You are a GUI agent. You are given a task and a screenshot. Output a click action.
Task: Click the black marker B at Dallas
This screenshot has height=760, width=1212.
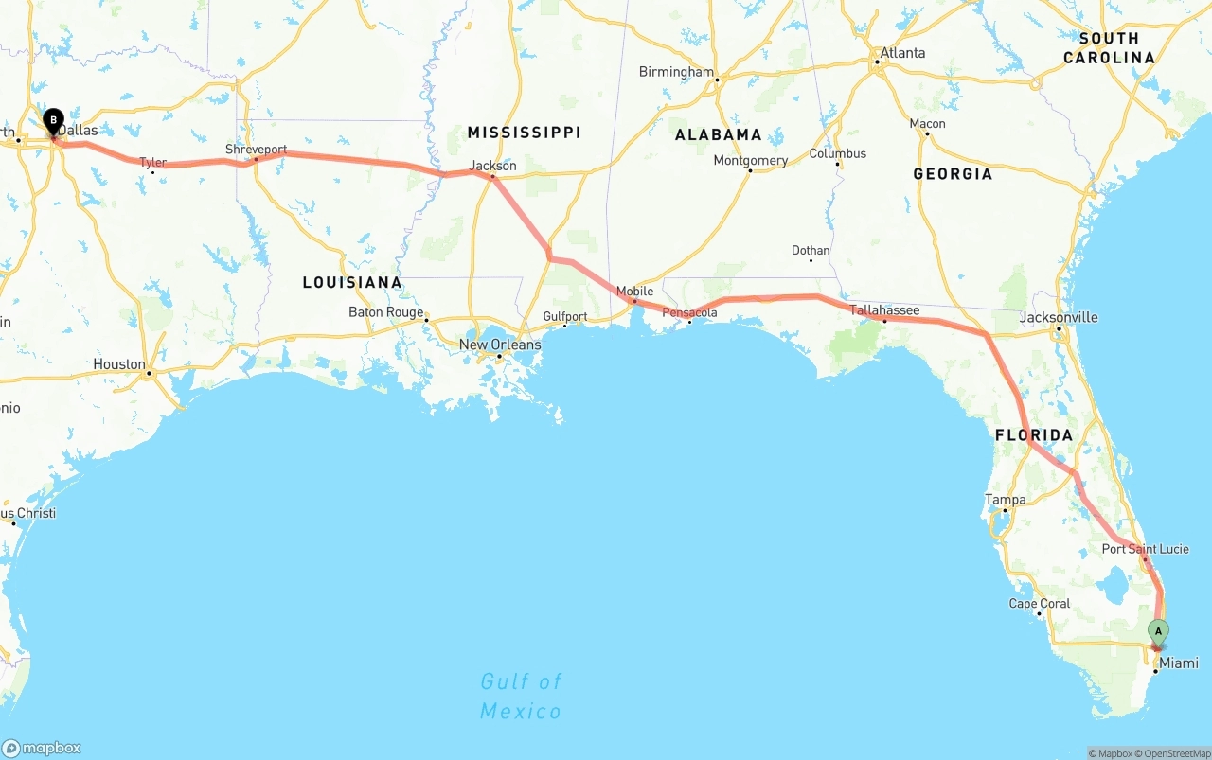54,121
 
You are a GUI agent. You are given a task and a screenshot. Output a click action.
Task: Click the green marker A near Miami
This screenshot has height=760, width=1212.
1158,631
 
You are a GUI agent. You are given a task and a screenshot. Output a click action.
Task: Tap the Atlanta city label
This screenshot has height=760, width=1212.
902,53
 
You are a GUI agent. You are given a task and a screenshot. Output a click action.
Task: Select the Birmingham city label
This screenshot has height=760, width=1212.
676,72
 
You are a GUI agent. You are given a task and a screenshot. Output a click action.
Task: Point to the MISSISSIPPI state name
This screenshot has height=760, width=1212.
524,133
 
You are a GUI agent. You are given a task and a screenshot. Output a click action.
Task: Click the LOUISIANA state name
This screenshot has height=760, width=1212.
352,282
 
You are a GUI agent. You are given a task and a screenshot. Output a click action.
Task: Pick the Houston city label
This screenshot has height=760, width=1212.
119,364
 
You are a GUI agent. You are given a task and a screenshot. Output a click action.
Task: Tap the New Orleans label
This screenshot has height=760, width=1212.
500,345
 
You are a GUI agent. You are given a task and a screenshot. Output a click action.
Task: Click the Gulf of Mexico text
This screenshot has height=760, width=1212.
521,696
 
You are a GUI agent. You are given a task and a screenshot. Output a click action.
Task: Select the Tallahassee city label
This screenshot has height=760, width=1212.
884,309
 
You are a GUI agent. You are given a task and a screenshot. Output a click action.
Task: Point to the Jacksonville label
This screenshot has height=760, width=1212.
1059,317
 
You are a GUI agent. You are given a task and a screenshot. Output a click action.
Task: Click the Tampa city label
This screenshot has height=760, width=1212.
1005,500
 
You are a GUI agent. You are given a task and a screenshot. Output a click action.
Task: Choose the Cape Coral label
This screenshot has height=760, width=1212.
1040,604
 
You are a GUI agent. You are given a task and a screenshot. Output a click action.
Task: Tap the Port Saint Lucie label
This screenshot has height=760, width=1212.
1145,549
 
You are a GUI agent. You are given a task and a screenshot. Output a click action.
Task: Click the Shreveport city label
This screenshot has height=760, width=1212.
256,150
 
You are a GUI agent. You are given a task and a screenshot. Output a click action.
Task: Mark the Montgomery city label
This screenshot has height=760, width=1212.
750,161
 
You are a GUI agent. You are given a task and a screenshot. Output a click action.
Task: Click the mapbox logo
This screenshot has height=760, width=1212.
42,748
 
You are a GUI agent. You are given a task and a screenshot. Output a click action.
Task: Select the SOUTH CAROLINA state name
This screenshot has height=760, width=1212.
1109,48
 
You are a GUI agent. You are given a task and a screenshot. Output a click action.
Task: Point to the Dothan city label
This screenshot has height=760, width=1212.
811,251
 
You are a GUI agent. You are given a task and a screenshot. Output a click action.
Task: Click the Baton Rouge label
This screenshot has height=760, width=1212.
385,312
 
